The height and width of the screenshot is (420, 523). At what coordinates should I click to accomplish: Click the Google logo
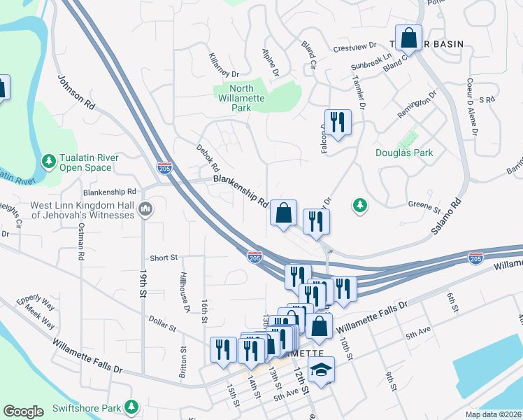click(24, 412)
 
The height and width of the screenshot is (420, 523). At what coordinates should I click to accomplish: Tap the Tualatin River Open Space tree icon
click(49, 162)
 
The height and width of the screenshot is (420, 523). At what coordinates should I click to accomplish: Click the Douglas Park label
click(404, 153)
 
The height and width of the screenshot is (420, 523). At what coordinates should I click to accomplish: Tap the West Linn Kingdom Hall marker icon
click(145, 209)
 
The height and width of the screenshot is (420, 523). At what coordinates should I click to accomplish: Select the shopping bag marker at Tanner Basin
click(409, 37)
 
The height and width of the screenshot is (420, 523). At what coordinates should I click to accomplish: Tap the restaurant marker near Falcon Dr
click(338, 122)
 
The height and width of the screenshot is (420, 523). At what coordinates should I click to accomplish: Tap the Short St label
click(164, 258)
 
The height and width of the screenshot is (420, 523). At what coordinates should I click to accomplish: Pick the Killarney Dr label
click(224, 64)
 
